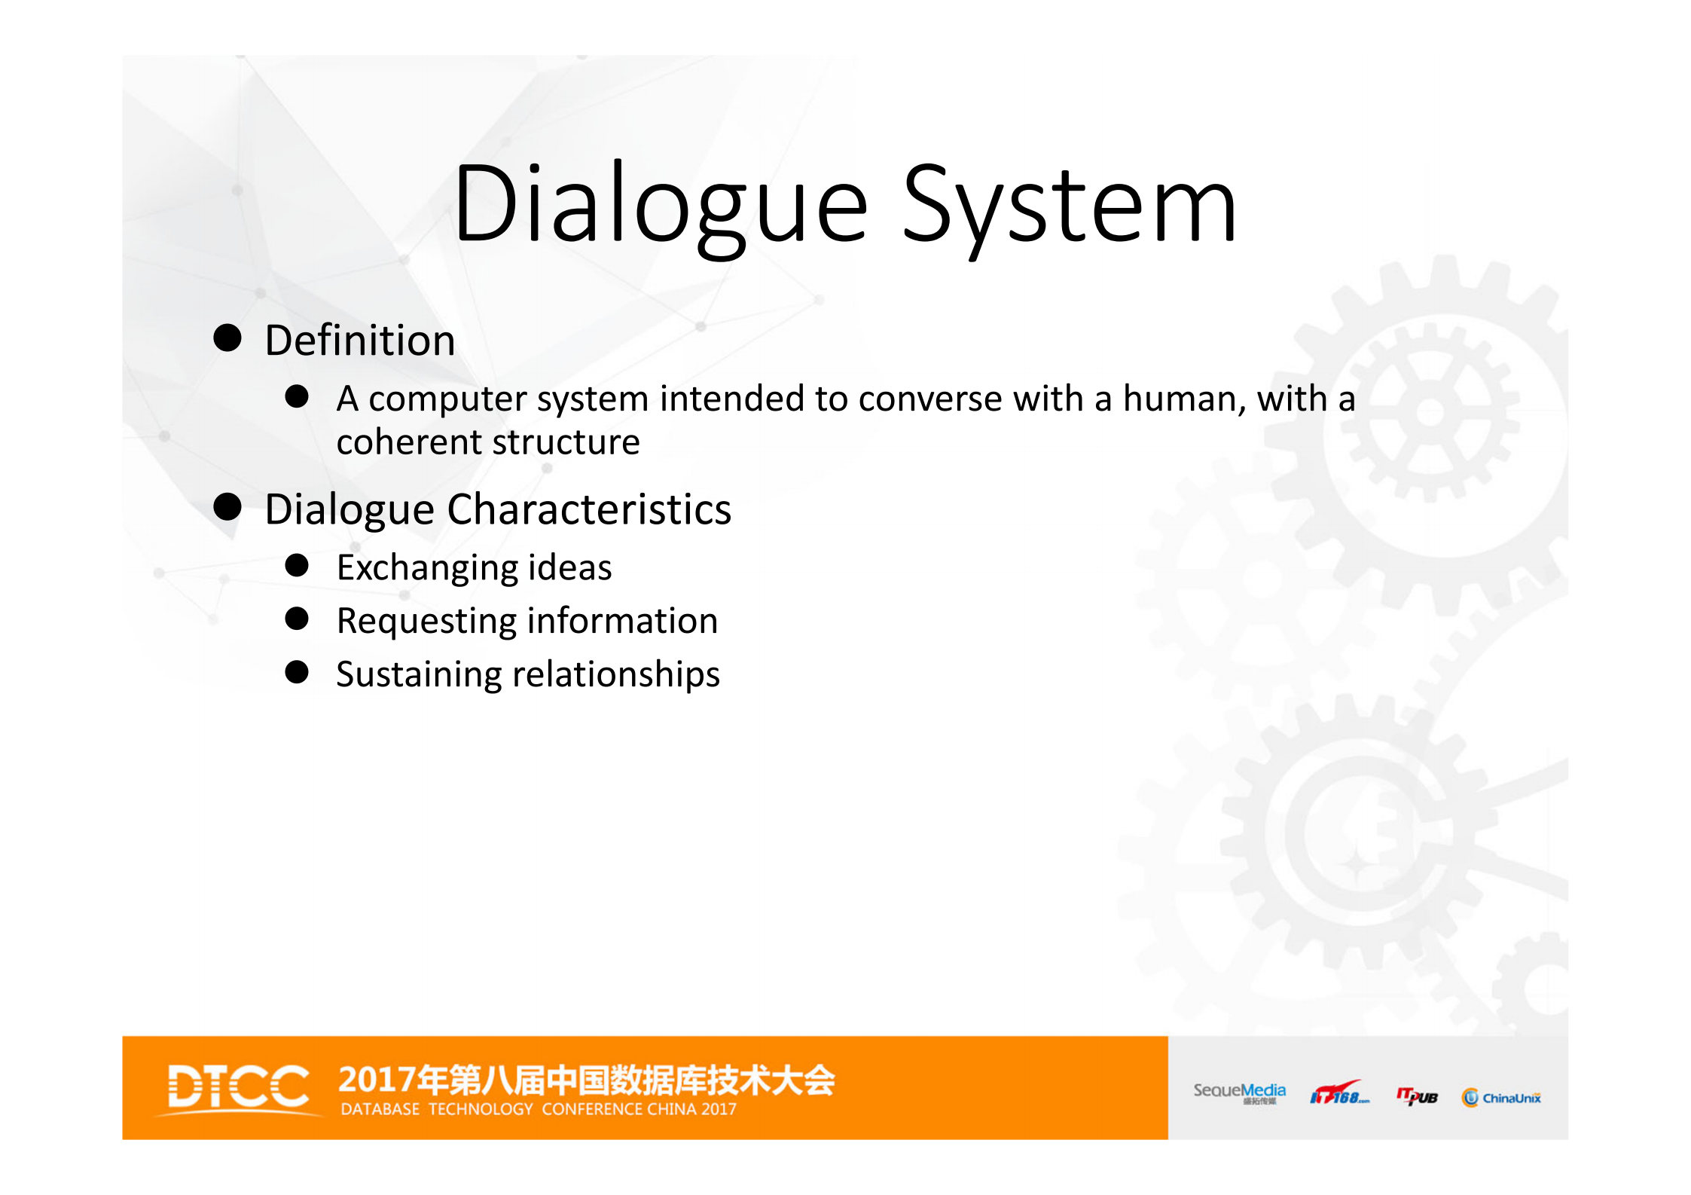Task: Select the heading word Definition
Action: tap(360, 341)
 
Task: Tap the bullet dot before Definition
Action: tap(227, 338)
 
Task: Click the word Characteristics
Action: tap(588, 509)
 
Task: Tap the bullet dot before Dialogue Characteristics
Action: tap(227, 507)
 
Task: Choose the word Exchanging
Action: tap(426, 568)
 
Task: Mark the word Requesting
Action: tap(426, 622)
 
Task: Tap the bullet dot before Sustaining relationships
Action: tap(297, 672)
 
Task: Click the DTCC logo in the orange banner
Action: tap(238, 1087)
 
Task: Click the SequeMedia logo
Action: tap(1239, 1093)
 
